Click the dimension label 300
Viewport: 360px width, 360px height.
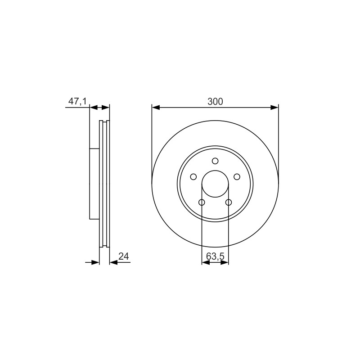pos(215,101)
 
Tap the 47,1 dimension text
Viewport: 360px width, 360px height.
pos(77,101)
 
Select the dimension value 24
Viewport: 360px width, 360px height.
pos(123,256)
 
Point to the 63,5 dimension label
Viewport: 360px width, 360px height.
pos(215,256)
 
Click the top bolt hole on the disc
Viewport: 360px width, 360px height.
pos(215,161)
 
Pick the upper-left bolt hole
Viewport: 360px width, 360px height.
pos(193,177)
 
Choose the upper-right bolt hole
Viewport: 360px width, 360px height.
pos(237,177)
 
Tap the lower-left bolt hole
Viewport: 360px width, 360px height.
pos(202,202)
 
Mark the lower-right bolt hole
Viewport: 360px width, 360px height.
pos(229,202)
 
